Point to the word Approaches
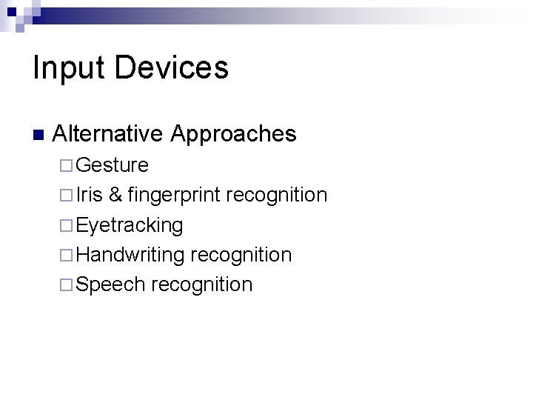[x=233, y=135]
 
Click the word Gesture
[x=112, y=165]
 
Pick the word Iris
[x=89, y=195]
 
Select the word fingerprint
[x=174, y=196]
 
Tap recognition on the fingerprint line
[x=276, y=196]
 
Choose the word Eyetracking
[x=130, y=225]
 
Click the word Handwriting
[x=130, y=255]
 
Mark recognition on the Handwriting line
[x=241, y=255]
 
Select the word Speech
[x=110, y=285]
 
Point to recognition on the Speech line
[x=201, y=285]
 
